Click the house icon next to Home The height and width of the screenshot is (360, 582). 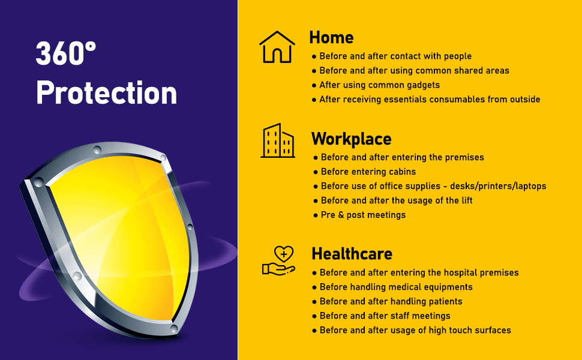pos(277,47)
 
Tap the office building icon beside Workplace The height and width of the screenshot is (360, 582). pos(278,140)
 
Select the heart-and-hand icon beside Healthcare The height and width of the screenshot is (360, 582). pos(279,260)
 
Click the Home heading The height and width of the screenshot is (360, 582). pos(331,37)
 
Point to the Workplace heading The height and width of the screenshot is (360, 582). pos(352,139)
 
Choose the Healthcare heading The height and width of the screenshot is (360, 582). pos(352,254)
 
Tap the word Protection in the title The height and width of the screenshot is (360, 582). pos(107,92)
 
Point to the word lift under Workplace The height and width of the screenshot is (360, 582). pos(467,200)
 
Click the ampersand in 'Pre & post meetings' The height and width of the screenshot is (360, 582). pos(341,215)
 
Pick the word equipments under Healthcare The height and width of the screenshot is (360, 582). pos(448,287)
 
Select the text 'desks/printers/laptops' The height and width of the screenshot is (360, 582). pos(498,187)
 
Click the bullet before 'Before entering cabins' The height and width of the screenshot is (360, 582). pos(316,172)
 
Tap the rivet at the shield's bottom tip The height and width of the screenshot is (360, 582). pos(174,328)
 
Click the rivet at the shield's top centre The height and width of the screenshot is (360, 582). pos(97,150)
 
